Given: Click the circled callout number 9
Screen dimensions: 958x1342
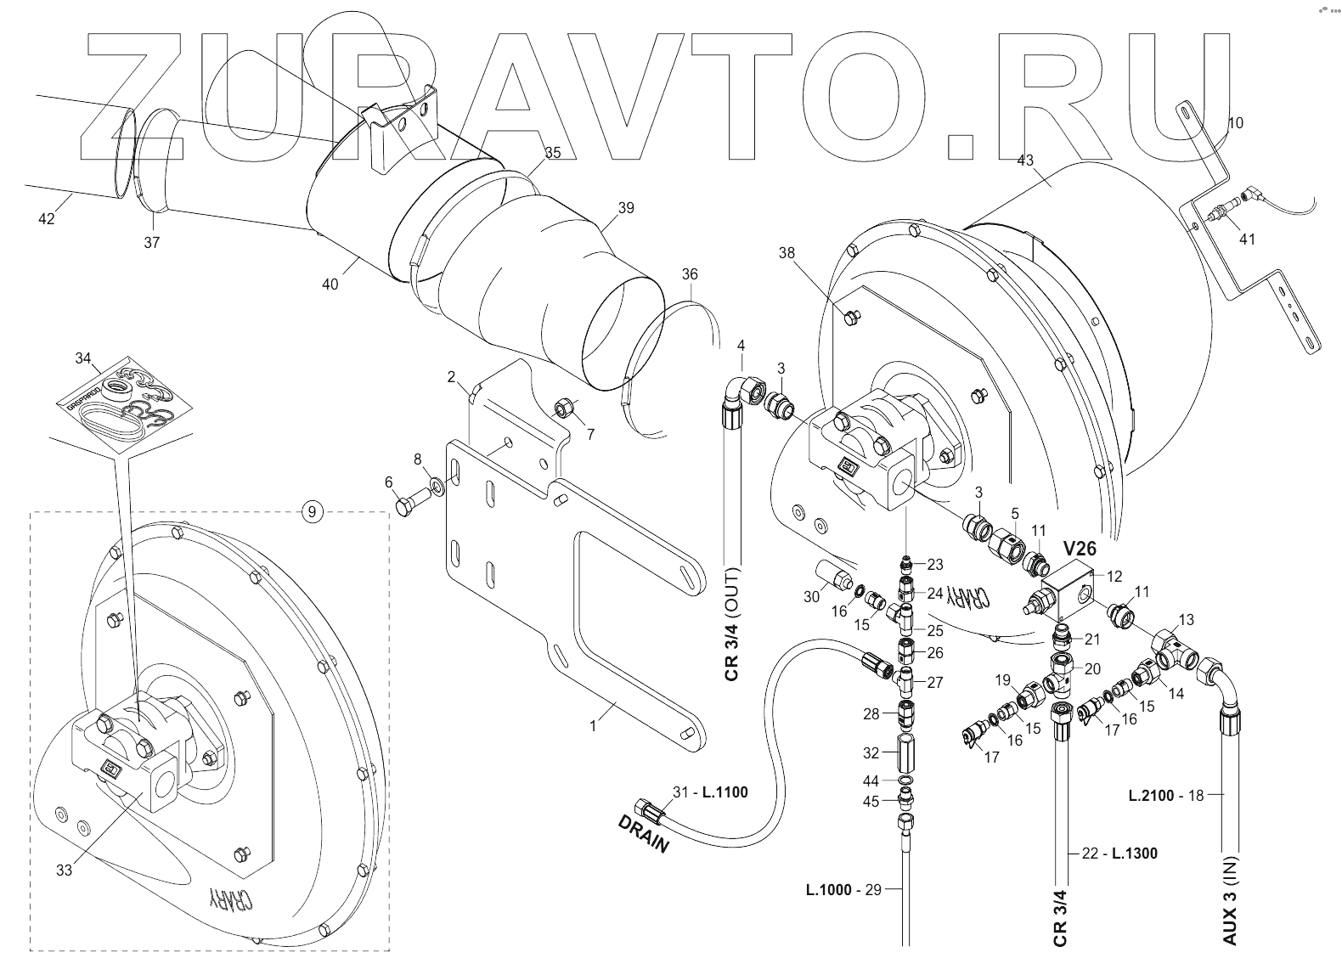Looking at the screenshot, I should pyautogui.click(x=312, y=511).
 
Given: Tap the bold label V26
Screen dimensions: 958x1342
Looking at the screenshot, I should pyautogui.click(x=1079, y=549).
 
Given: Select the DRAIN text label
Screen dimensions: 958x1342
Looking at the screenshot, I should pyautogui.click(x=644, y=833).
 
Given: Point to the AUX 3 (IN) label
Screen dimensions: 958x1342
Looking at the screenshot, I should pyautogui.click(x=1231, y=902).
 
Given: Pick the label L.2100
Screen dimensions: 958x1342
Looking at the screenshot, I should pyautogui.click(x=1151, y=796).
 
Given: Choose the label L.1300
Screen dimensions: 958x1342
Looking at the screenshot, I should pyautogui.click(x=1134, y=853).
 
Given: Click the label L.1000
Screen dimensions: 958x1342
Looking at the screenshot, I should pyautogui.click(x=829, y=889).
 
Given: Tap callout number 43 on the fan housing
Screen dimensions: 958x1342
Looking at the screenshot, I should pyautogui.click(x=1026, y=160).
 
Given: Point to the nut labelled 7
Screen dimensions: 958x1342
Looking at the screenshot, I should pyautogui.click(x=565, y=411).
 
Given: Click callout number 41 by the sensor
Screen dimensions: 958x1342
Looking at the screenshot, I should pyautogui.click(x=1247, y=239).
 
